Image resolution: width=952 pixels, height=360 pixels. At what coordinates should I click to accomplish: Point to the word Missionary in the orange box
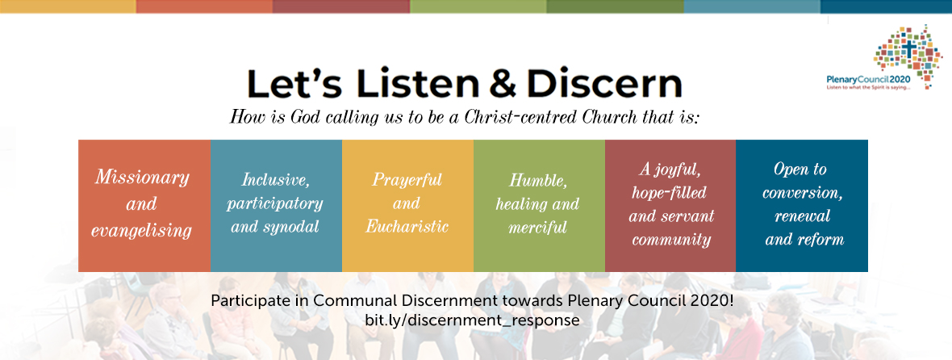coord(142,178)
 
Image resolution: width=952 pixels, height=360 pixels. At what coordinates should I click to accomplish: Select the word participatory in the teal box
coord(275,203)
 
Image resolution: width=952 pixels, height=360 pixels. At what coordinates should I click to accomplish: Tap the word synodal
coord(295,228)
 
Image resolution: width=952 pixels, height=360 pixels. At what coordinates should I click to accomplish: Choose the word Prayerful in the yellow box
coord(407,180)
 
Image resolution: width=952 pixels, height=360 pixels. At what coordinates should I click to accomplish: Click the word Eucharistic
coord(407,227)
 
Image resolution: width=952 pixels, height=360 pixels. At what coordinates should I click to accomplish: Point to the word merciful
coord(538,228)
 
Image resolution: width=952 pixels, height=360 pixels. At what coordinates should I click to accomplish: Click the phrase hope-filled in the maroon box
coord(669,192)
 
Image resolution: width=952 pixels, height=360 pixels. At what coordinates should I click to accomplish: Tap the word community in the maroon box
coord(671,239)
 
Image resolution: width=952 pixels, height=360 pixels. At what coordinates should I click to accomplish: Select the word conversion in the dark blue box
coord(803,193)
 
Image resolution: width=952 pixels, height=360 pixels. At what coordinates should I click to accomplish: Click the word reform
coord(821,239)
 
